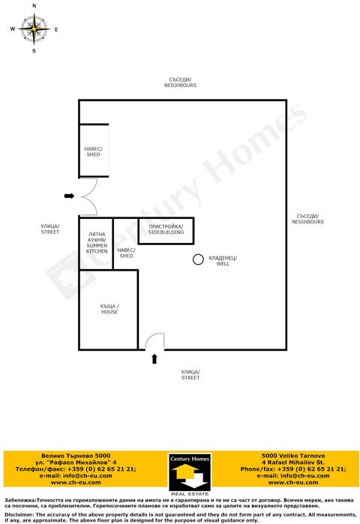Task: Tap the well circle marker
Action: [198, 260]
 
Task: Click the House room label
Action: [109, 309]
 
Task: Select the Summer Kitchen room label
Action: [97, 242]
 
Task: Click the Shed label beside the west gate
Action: [93, 151]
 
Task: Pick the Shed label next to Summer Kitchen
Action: [126, 253]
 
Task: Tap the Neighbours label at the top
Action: [180, 82]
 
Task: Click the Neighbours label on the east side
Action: [307, 219]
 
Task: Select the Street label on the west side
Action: [50, 229]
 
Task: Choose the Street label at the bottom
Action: [190, 375]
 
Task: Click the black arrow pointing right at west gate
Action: [68, 196]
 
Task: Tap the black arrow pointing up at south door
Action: [154, 359]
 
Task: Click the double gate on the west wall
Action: [88, 196]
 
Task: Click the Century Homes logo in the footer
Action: [188, 474]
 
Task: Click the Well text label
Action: [223, 261]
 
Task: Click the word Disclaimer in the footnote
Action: [19, 515]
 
